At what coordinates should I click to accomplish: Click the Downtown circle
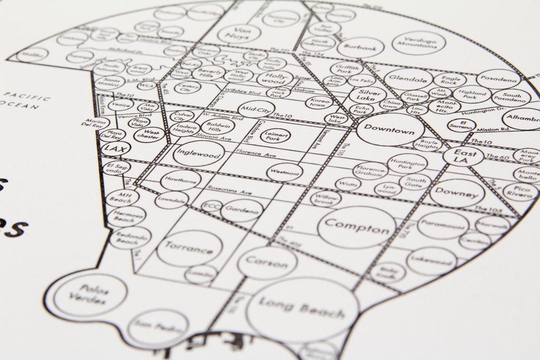click(x=385, y=130)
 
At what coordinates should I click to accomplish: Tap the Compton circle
click(x=357, y=226)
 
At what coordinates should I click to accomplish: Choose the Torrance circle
click(x=184, y=250)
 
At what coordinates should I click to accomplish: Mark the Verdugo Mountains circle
click(x=424, y=43)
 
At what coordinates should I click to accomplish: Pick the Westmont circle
click(x=285, y=171)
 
